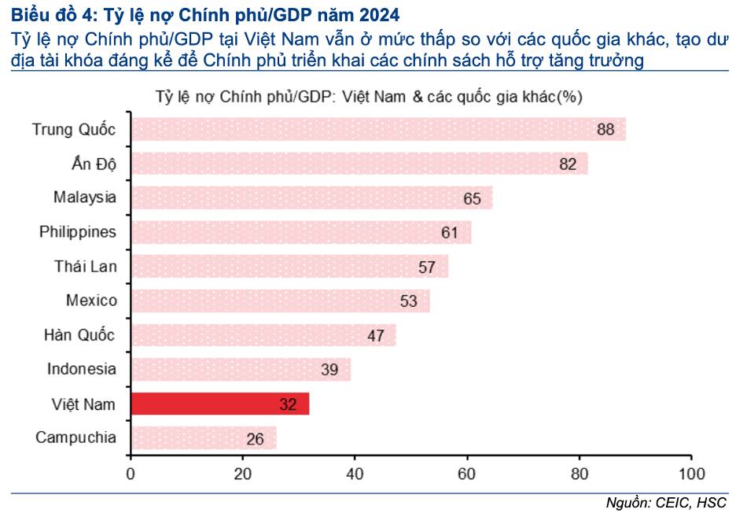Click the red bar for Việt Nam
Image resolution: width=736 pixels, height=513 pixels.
click(219, 404)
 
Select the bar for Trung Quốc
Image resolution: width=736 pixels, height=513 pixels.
click(377, 129)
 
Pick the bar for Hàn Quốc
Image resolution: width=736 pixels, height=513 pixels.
click(263, 335)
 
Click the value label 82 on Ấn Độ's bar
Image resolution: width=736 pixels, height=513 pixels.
click(568, 164)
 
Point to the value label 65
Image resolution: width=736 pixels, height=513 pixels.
click(472, 198)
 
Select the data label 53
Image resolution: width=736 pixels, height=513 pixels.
click(408, 301)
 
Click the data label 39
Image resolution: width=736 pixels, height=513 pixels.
click(329, 370)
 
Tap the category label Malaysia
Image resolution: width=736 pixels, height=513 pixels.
click(85, 197)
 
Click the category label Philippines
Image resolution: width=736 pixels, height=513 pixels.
click(78, 231)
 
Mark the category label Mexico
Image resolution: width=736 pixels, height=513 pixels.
click(91, 300)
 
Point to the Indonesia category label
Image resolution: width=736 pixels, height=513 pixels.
click(82, 369)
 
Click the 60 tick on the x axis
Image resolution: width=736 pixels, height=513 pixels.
click(467, 474)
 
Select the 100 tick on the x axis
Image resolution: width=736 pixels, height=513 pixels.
click(691, 474)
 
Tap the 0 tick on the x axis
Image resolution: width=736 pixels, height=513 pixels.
click(131, 474)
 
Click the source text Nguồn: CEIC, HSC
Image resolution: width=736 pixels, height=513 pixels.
click(666, 502)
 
